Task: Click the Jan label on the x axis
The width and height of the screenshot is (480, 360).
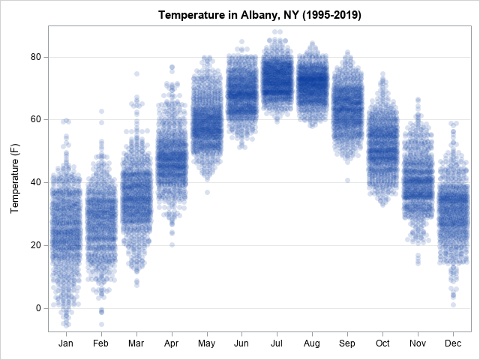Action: pos(66,342)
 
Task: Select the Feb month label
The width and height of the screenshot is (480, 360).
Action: pos(101,342)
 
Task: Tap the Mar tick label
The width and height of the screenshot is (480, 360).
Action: pos(136,342)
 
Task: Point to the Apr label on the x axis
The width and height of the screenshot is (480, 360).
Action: pos(172,342)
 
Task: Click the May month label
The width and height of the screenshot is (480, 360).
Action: pos(207,342)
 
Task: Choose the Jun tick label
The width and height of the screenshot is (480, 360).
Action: pos(241,342)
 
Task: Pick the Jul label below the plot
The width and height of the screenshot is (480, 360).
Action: pos(277,342)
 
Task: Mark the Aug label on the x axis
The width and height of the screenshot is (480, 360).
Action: pos(312,342)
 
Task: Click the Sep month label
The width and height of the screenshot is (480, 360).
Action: pos(347,342)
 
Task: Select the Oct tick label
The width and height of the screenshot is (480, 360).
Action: pos(382,342)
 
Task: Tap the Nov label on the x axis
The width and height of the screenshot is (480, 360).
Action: pos(418,342)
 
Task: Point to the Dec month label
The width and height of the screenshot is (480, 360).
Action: pos(453,342)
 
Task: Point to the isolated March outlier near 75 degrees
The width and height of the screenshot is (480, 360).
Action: pos(136,73)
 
